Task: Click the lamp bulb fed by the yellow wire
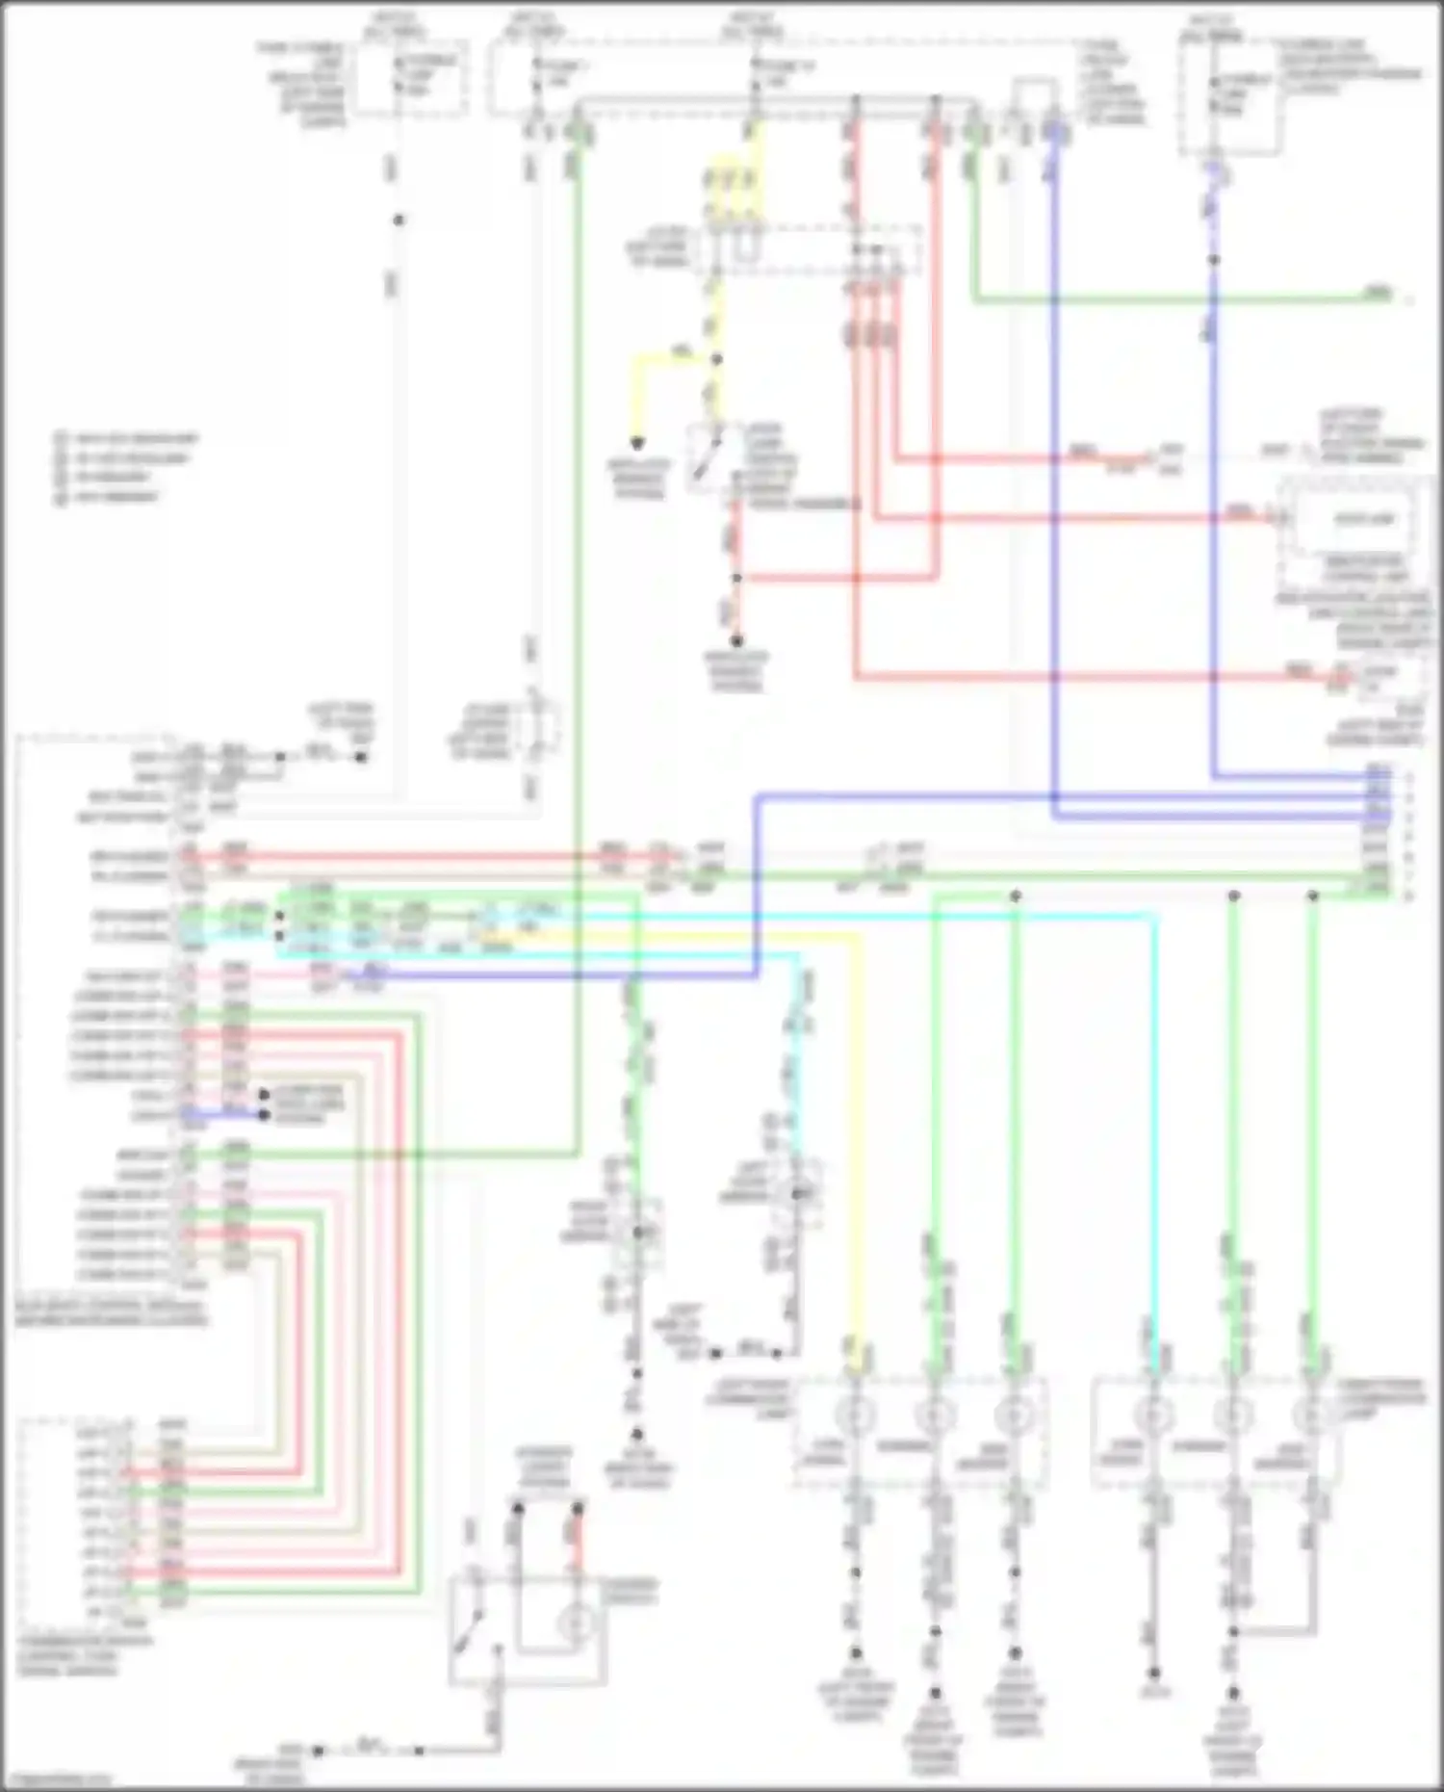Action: pos(854,1415)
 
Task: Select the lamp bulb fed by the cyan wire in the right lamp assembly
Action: pos(1152,1415)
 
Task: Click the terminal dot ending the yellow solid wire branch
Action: pos(637,444)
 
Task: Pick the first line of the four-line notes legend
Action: pos(125,439)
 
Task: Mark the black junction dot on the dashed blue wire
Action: pos(1214,260)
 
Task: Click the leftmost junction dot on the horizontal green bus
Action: pos(1015,896)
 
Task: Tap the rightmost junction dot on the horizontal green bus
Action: pos(1312,896)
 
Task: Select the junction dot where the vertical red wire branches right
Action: pos(736,578)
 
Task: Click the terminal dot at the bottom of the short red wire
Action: pos(736,640)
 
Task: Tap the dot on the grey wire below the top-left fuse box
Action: pos(399,220)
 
